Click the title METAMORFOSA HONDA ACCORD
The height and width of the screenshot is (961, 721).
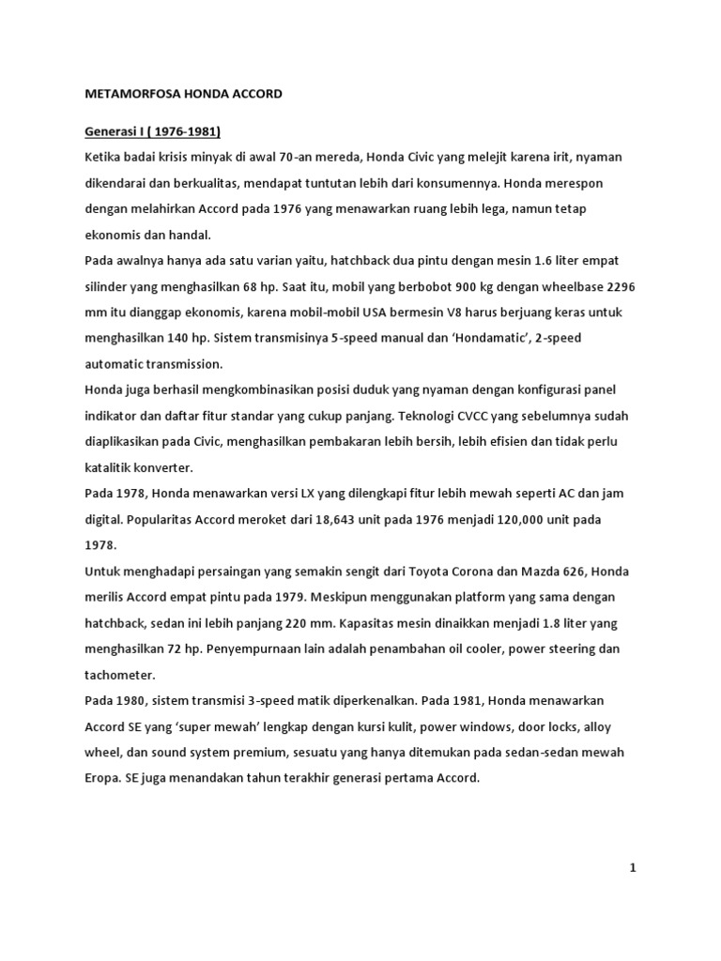click(183, 95)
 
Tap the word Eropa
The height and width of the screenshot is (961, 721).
click(104, 778)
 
